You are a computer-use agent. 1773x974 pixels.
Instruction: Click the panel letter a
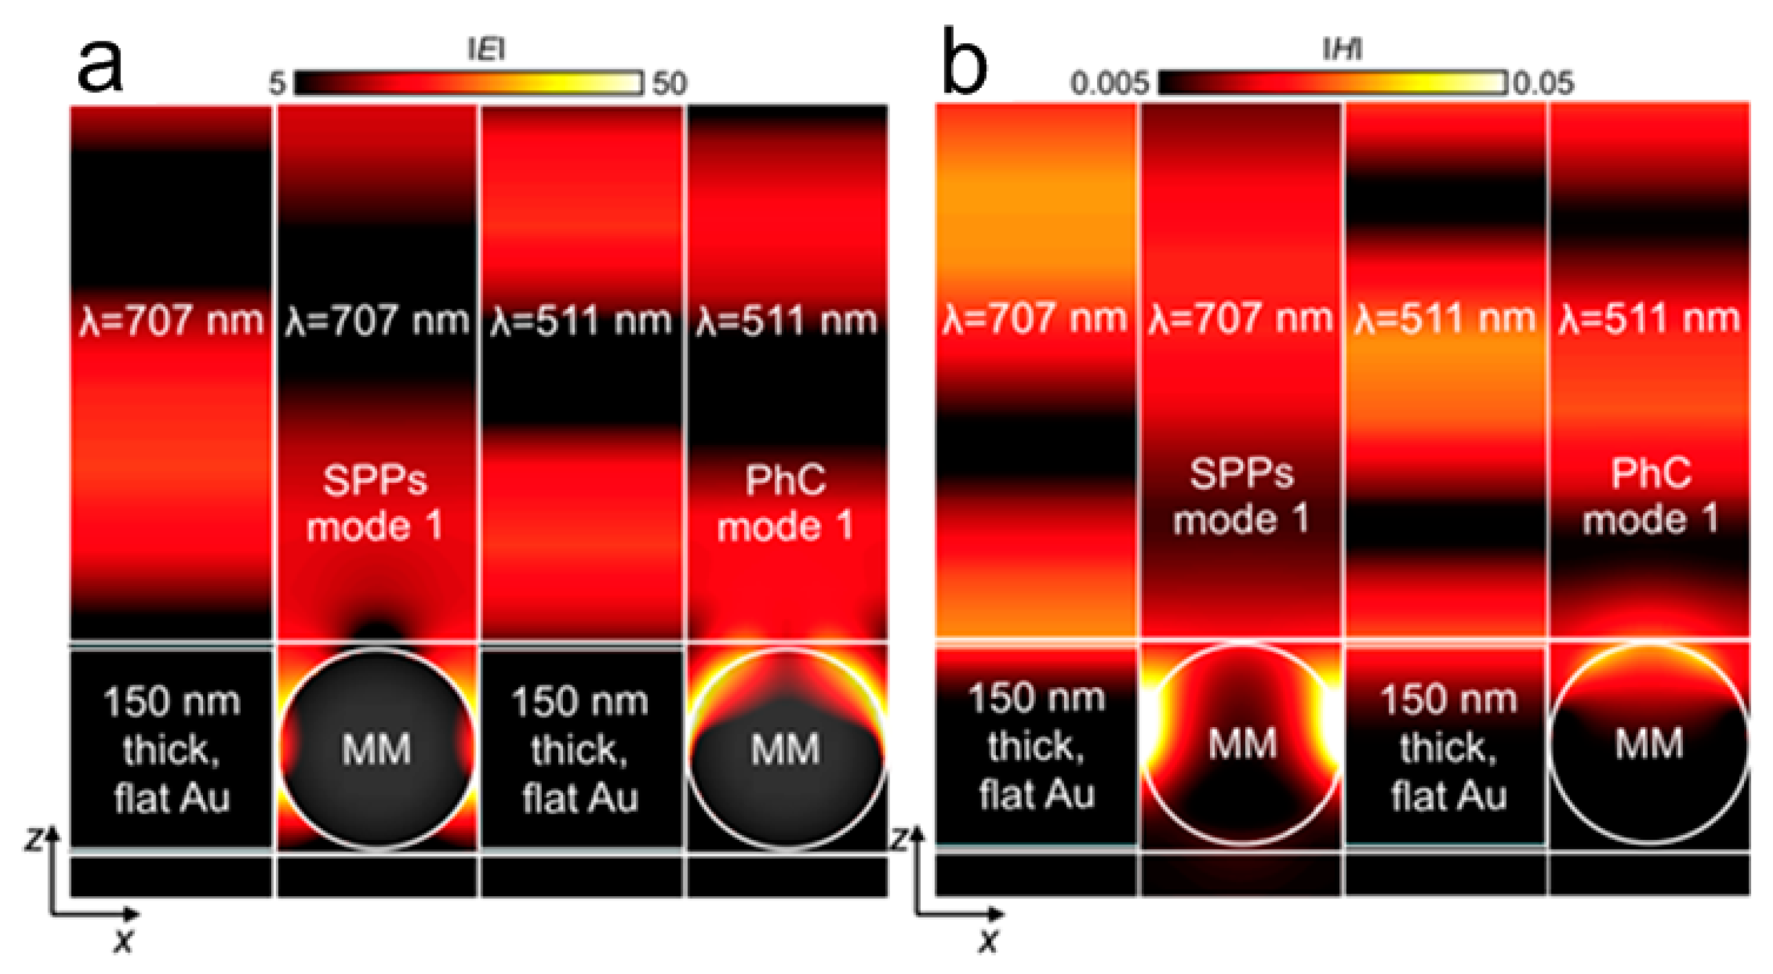click(x=100, y=65)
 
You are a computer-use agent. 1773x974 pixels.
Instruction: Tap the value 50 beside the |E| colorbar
click(x=670, y=83)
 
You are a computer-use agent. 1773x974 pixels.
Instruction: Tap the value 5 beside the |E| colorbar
click(x=277, y=84)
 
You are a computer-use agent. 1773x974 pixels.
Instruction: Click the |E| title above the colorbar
click(x=487, y=49)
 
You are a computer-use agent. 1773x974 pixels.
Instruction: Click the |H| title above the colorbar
click(x=1341, y=49)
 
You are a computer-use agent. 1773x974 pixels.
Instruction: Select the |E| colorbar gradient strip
click(x=468, y=83)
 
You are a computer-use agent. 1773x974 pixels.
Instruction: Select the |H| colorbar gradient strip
click(x=1332, y=83)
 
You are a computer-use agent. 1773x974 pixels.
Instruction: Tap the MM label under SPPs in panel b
click(x=1242, y=744)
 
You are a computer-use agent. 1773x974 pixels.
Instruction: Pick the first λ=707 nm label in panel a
click(x=171, y=321)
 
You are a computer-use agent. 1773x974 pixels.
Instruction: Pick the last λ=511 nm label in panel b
click(x=1650, y=319)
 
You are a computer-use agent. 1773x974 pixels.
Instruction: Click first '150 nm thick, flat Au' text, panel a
click(x=171, y=750)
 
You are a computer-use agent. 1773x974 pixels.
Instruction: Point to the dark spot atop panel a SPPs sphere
click(x=376, y=629)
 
